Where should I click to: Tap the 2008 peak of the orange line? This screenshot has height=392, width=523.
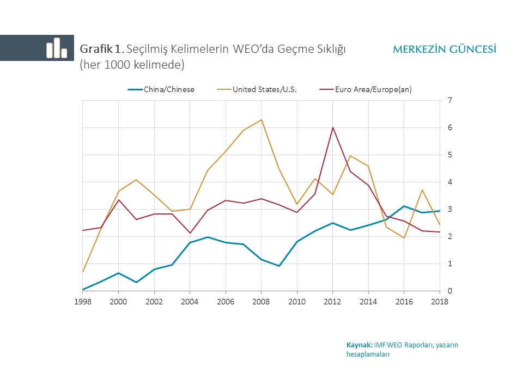coord(261,120)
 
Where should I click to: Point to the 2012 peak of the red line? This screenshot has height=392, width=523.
coord(332,127)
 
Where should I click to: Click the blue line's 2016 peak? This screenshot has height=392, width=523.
coord(404,206)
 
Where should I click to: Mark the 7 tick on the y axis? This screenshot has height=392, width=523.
coord(449,101)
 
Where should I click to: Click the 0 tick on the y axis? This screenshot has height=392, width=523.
coord(449,291)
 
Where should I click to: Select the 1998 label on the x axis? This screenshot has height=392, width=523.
coord(83,302)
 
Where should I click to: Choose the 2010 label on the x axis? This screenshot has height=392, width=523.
coord(297,302)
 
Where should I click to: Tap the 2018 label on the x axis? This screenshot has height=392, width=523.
coord(440,302)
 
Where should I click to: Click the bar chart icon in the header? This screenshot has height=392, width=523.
coord(57,48)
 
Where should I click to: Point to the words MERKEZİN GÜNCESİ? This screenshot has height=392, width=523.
coord(444,50)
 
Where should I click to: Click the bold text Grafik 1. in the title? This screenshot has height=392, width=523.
coord(102,49)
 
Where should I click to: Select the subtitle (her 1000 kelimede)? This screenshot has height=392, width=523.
coord(132,64)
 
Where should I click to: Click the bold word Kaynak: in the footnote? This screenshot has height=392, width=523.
coord(359,345)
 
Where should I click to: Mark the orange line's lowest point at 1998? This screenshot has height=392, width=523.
coord(83,272)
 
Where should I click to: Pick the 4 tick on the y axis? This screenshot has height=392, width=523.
coord(449,182)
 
